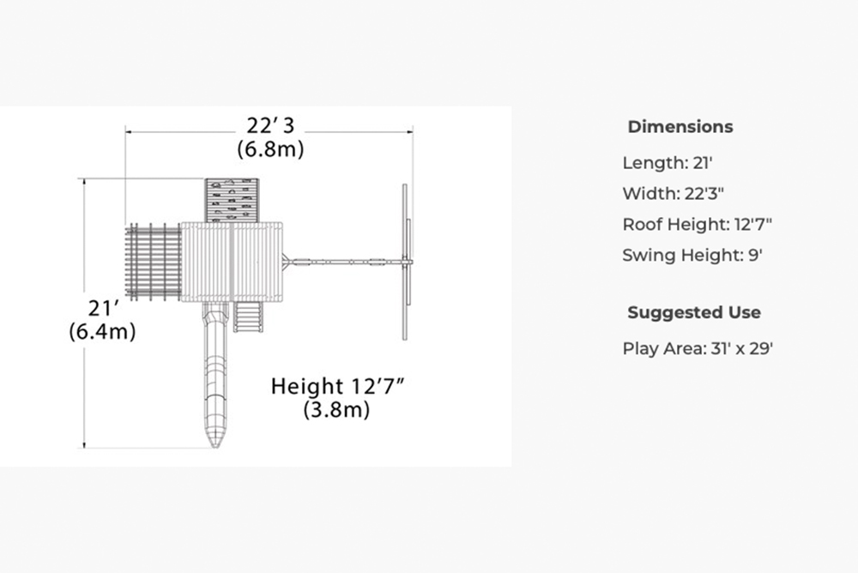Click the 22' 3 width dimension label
coord(270,126)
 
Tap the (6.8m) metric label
coord(270,149)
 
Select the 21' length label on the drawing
coord(103,309)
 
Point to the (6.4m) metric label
coord(102,332)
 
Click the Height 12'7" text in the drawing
coord(337,386)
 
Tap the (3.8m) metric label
coord(336,409)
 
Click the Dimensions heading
coord(680,127)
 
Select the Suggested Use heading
coord(694,312)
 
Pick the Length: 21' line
coord(668,162)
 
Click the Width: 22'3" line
coord(673,193)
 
